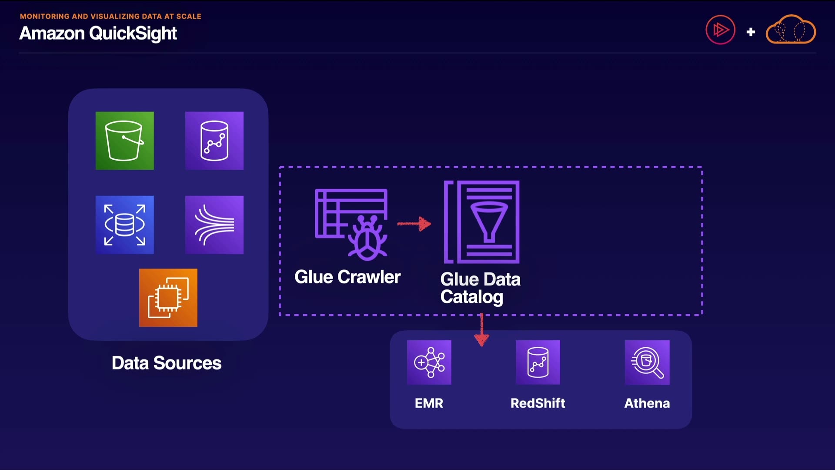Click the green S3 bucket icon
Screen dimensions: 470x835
[124, 141]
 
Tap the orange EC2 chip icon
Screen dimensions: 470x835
[168, 298]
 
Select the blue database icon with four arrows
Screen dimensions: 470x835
[124, 225]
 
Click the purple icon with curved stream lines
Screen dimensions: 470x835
[214, 225]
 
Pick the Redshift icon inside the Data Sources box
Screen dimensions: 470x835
[214, 141]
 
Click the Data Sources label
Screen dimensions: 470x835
[167, 363]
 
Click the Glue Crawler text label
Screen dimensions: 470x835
[347, 277]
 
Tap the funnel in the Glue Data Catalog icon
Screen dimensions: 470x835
[489, 220]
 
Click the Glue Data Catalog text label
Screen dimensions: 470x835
[480, 288]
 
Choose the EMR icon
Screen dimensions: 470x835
[429, 363]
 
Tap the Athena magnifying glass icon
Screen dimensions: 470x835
[647, 363]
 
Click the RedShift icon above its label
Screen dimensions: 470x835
[538, 363]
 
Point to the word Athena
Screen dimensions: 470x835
[647, 403]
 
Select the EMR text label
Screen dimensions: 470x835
[429, 403]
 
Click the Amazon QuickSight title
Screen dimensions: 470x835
[98, 34]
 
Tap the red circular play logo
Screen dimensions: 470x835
[720, 30]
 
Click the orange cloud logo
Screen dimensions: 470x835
[791, 30]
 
